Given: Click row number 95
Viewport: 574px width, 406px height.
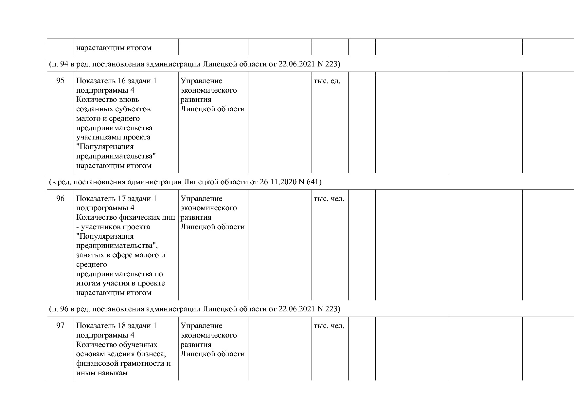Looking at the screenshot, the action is [61, 81].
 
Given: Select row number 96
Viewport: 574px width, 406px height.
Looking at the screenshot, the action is [61, 198].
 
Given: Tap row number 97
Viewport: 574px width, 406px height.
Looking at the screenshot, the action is [61, 325].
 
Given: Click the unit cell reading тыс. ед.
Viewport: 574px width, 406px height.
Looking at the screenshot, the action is [327, 81].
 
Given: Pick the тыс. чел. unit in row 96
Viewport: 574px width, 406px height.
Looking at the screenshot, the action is [329, 198].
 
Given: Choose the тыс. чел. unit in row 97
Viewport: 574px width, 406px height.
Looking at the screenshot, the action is [329, 325].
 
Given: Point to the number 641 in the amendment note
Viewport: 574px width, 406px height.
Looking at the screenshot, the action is [313, 181].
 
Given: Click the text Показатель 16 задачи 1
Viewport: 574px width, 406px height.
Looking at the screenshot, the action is [116, 81].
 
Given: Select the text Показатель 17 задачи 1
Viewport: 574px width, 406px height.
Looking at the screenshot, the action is [116, 198].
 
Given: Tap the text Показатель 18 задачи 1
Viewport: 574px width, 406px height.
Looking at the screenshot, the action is [116, 325].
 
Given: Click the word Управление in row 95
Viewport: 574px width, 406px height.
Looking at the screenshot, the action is [201, 81].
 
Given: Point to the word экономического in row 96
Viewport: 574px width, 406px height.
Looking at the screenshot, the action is [208, 208].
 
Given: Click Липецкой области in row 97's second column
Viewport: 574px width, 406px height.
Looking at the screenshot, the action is [212, 354].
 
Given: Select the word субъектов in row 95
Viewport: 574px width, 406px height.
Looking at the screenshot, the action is [135, 109].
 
